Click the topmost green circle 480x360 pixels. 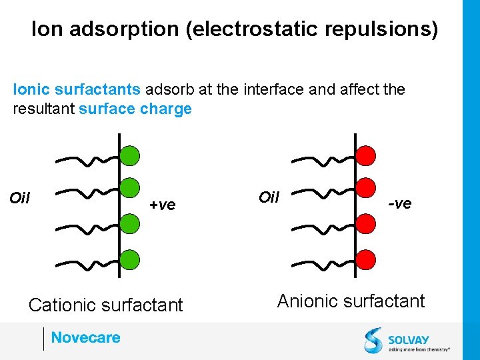(x=130, y=156)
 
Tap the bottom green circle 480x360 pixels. (x=130, y=259)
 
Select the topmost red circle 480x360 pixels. (x=365, y=156)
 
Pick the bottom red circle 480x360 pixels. (x=365, y=259)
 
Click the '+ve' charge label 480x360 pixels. (x=162, y=205)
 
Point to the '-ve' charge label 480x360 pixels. (x=400, y=203)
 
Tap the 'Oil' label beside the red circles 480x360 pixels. (x=269, y=197)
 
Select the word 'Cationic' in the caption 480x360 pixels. (x=63, y=305)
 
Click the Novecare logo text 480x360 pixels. (x=86, y=338)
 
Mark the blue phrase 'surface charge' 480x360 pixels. (x=135, y=109)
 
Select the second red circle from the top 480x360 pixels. (x=365, y=189)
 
